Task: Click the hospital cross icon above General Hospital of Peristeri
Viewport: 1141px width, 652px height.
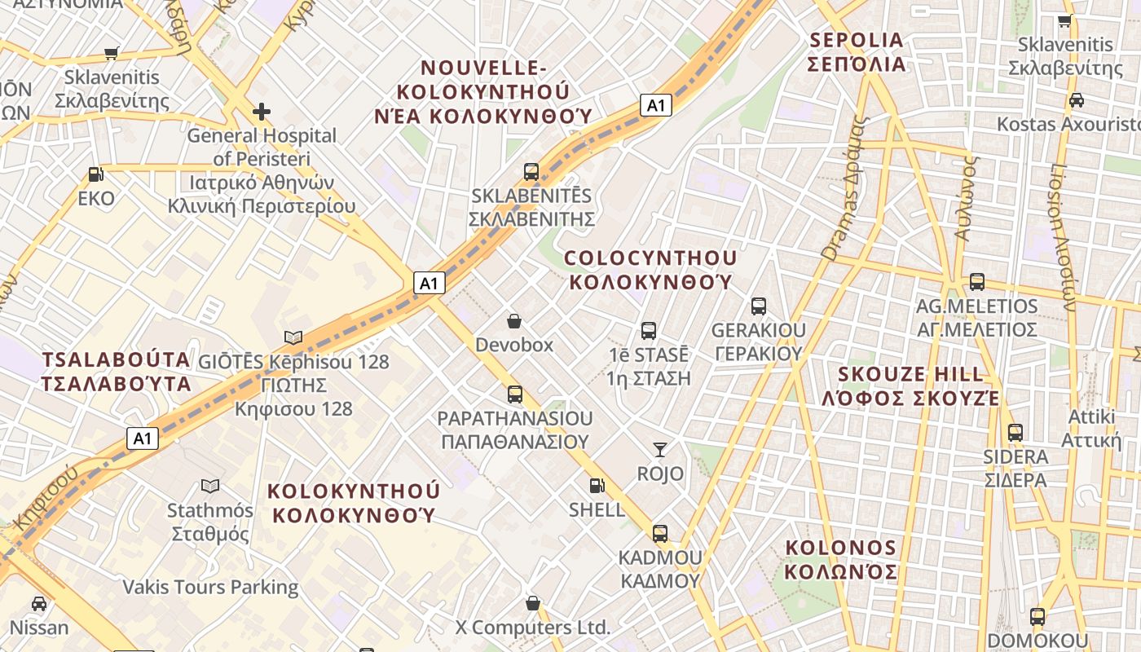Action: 261,111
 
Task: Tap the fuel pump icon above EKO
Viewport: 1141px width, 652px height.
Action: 96,174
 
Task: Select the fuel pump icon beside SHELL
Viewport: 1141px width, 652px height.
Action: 597,486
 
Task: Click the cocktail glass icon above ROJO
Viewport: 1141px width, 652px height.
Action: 660,449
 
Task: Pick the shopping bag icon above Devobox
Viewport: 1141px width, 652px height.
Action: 514,321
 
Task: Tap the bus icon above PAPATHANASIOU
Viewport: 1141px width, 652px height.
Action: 514,394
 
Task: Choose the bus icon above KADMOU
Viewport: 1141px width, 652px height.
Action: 660,534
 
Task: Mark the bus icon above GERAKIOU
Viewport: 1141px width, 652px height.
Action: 758,306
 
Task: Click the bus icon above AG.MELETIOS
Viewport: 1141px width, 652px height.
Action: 976,282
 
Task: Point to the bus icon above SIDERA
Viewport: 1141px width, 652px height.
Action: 1015,433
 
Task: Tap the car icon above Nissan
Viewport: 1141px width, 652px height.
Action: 38,604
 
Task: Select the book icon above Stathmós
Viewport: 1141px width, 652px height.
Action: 210,487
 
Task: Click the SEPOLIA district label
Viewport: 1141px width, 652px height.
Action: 856,51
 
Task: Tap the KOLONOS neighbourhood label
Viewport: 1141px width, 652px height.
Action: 841,559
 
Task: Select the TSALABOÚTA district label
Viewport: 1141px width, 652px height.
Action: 116,372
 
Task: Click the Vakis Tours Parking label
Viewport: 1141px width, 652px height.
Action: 210,587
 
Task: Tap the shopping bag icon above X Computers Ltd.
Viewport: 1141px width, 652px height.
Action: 533,603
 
